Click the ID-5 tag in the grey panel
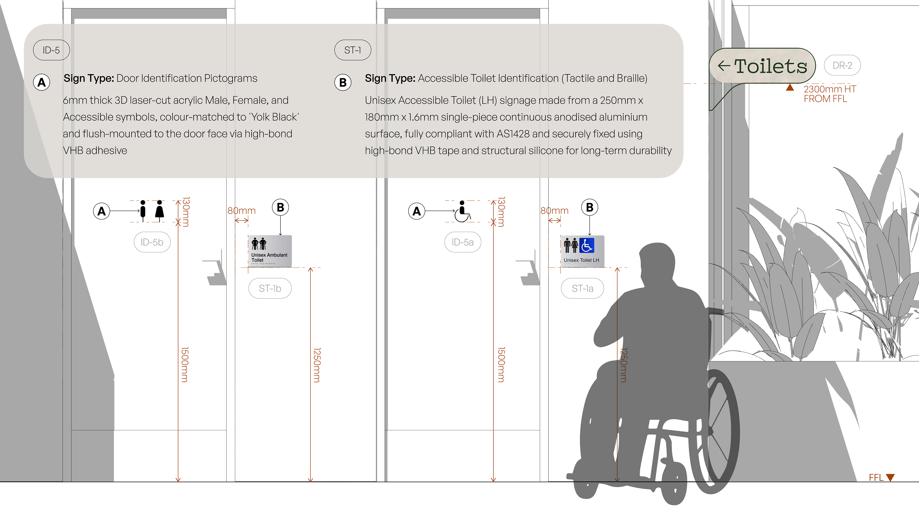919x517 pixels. pyautogui.click(x=51, y=50)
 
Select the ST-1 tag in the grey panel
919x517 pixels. pyautogui.click(x=353, y=50)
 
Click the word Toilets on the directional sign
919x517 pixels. pyautogui.click(x=771, y=66)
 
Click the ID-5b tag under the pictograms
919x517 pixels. pyautogui.click(x=152, y=242)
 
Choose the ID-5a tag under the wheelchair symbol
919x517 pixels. pyautogui.click(x=463, y=242)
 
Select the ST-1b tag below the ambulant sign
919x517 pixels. pyautogui.click(x=270, y=288)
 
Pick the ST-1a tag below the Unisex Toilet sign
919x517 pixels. pyautogui.click(x=583, y=288)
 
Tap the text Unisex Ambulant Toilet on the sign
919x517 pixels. pyautogui.click(x=269, y=258)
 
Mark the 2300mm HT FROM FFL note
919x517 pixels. pyautogui.click(x=830, y=94)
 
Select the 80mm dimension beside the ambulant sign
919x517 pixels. pyautogui.click(x=241, y=211)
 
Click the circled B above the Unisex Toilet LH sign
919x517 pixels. pyautogui.click(x=590, y=207)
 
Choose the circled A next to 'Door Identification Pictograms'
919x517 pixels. pyautogui.click(x=42, y=82)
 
